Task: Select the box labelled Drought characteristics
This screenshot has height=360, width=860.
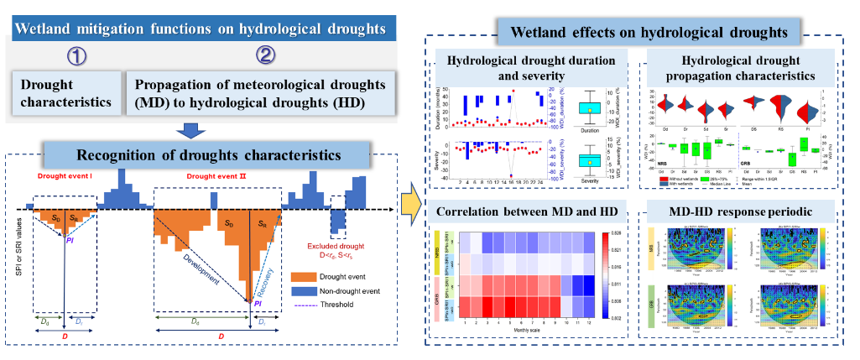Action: [64, 96]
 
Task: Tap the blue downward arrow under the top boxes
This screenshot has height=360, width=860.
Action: [191, 129]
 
